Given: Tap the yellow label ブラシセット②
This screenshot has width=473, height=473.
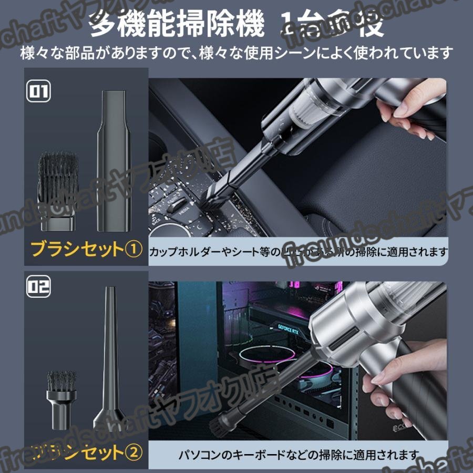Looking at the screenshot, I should pyautogui.click(x=86, y=450).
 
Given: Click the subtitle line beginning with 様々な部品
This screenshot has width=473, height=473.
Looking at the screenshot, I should pyautogui.click(x=236, y=53).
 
